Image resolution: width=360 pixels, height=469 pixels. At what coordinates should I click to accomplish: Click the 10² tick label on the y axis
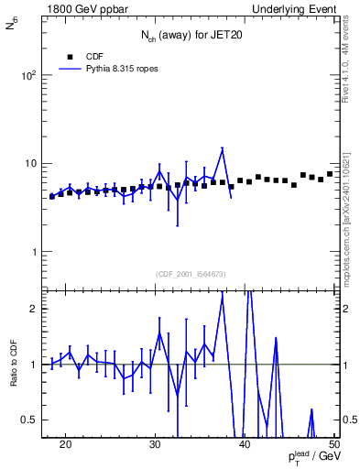click(29, 76)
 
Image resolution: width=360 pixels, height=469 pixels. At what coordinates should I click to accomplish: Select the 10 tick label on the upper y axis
click(32, 164)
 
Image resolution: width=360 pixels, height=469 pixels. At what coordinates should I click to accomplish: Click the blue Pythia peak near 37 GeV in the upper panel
click(222, 148)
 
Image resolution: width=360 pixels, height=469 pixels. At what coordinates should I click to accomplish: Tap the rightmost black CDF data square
click(330, 174)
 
